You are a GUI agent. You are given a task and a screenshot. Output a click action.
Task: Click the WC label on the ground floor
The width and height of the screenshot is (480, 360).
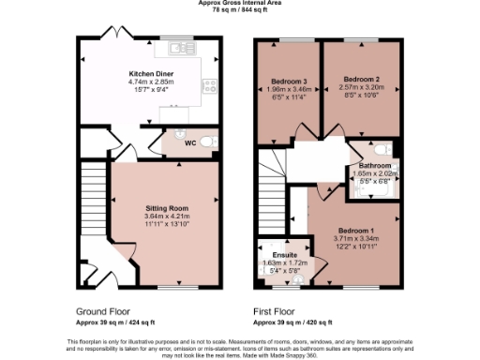click(189, 143)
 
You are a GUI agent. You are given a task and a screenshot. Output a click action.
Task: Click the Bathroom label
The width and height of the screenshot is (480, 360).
click(374, 165)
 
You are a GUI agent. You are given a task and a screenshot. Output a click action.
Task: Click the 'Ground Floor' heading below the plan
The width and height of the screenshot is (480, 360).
click(100, 309)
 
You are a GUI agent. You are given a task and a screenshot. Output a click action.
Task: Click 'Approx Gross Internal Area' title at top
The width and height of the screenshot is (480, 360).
click(241, 3)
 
